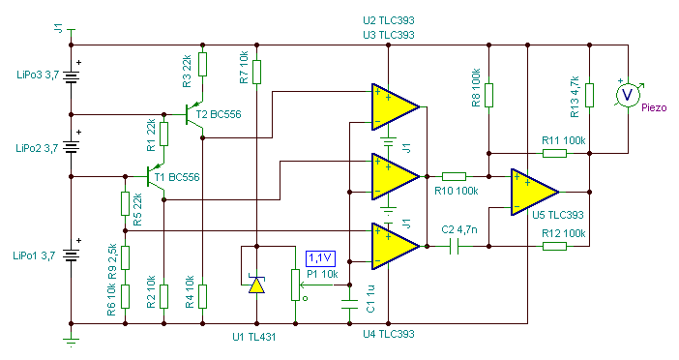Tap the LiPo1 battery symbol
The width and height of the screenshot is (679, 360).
[x=71, y=255]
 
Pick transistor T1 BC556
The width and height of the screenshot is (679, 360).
[x=155, y=177]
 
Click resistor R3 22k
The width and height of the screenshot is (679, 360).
[x=202, y=64]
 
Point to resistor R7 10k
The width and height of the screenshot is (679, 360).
[x=256, y=72]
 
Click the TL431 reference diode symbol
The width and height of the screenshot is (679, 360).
[x=256, y=285]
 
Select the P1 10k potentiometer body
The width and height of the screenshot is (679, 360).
[x=295, y=285]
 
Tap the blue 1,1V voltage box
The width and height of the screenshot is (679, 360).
[x=320, y=258]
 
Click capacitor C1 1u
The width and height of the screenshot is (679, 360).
[x=349, y=304]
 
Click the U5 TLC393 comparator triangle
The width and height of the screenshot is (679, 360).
[x=534, y=192]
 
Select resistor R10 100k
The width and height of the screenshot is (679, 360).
[x=454, y=176]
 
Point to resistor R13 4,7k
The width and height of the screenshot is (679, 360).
[x=589, y=95]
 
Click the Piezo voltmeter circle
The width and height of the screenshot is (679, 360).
[x=628, y=95]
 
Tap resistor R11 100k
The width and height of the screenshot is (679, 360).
[x=554, y=153]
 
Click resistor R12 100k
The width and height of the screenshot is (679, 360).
[x=554, y=246]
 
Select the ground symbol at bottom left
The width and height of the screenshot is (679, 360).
[x=71, y=343]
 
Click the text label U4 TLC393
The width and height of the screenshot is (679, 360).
[x=389, y=334]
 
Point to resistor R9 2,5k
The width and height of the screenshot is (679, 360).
[x=125, y=257]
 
